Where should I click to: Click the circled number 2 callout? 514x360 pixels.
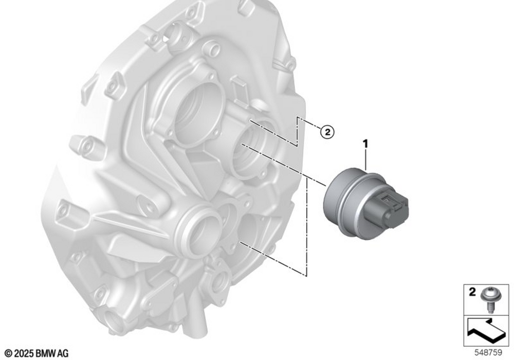tap(327, 132)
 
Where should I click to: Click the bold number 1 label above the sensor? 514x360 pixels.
tap(365, 144)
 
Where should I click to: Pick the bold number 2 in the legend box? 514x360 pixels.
tap(472, 292)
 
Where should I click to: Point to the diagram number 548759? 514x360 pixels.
tap(488, 353)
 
